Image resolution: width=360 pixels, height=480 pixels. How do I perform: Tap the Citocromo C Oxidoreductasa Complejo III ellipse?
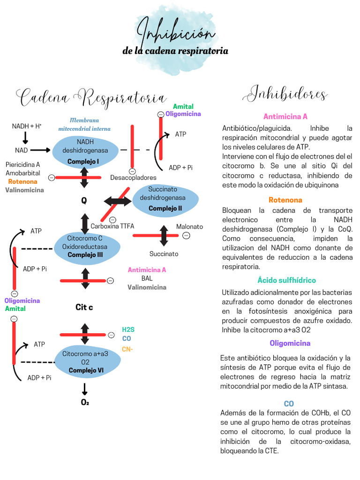tap(85, 247)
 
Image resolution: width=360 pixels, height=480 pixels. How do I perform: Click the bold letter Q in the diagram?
tap(84, 201)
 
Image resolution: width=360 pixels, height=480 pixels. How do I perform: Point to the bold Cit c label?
tap(84, 307)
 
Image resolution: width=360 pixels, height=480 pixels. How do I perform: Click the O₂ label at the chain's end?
tap(85, 402)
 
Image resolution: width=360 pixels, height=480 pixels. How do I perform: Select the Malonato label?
tap(189, 226)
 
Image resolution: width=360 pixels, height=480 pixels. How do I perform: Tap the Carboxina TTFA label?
tap(112, 226)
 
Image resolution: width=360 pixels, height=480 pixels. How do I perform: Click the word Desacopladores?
tap(133, 178)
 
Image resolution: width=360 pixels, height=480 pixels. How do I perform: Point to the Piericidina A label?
tap(22, 165)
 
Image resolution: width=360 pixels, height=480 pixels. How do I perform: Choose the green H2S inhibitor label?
tap(128, 330)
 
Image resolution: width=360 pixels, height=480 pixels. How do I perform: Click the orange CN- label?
tap(127, 349)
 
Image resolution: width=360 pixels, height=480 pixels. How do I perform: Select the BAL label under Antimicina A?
tap(147, 278)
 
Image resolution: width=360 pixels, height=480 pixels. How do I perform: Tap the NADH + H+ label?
tap(27, 127)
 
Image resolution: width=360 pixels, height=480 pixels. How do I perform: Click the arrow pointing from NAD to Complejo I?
tap(40, 150)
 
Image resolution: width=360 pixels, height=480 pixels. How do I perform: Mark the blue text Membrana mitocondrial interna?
tap(84, 124)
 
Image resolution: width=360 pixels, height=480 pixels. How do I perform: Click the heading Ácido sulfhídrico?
tap(286, 280)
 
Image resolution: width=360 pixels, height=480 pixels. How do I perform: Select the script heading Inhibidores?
tap(285, 94)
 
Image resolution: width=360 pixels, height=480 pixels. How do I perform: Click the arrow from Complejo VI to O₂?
tap(85, 389)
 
